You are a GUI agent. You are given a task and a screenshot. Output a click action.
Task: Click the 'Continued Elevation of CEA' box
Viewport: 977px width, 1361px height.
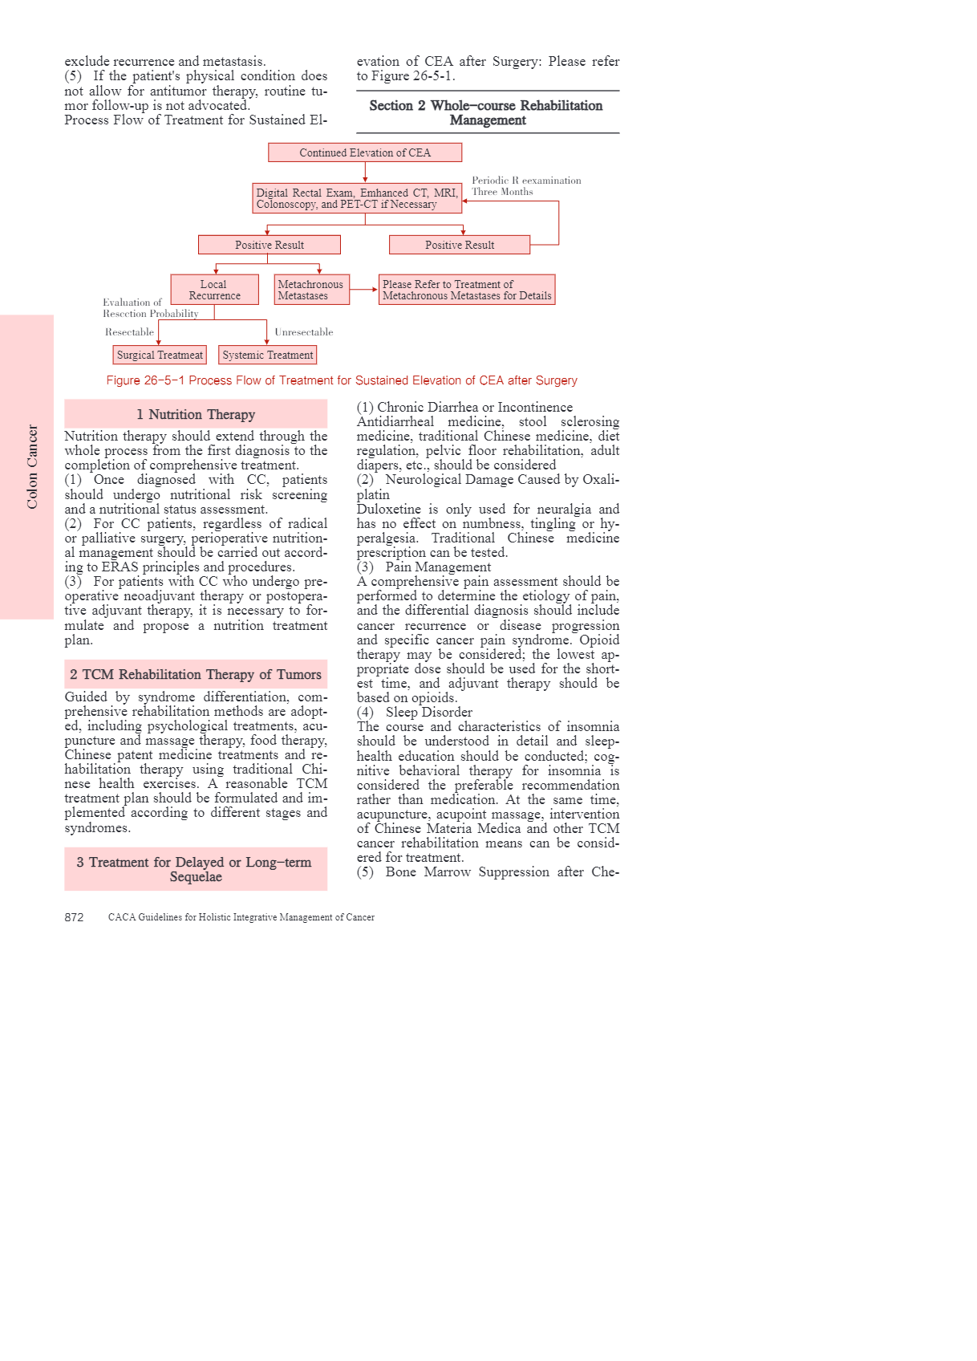[365, 152]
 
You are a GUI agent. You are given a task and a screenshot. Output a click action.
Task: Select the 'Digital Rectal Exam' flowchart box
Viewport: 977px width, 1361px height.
[357, 198]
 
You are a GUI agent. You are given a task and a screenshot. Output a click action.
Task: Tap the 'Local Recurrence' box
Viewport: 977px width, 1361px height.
[214, 290]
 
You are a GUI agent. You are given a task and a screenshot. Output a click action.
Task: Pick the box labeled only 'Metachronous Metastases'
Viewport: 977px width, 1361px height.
[311, 290]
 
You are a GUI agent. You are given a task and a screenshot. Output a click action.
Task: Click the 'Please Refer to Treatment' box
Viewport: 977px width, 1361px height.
[467, 290]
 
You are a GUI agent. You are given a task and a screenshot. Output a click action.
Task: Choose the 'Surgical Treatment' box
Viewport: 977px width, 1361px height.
[160, 355]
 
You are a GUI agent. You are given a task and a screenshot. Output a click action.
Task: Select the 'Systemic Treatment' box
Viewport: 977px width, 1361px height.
[267, 355]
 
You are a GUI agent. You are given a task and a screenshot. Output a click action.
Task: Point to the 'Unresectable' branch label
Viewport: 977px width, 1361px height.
[303, 332]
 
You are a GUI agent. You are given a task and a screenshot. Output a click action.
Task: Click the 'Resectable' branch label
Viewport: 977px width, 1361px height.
[129, 332]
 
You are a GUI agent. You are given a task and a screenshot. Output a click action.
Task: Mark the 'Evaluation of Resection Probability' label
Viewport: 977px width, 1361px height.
[150, 308]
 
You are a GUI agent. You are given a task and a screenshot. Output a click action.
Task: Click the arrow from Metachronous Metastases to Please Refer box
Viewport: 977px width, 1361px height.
[364, 290]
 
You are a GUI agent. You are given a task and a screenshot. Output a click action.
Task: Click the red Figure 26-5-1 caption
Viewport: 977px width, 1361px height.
[342, 380]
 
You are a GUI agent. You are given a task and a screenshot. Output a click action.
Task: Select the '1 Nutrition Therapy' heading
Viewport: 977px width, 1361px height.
[196, 414]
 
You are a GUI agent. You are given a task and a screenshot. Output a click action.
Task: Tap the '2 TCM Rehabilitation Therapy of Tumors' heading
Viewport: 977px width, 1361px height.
[196, 675]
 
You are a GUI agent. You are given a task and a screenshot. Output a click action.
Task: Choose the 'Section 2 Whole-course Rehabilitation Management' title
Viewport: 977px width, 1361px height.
[487, 112]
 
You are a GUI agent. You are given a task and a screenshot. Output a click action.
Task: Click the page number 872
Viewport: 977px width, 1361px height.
[74, 917]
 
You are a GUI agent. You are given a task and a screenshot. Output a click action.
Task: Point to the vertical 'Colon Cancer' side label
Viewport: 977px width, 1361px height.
[32, 466]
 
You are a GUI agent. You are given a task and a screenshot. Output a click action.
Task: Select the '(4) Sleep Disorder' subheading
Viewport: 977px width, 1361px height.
[415, 712]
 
